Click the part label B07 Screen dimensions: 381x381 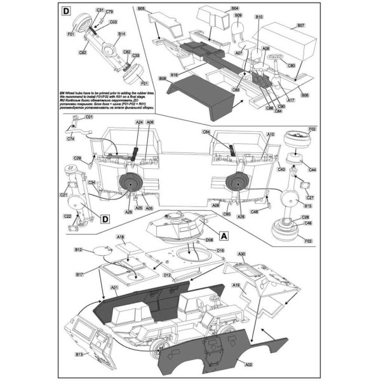(x=302, y=27)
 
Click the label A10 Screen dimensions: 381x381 (x=270, y=135)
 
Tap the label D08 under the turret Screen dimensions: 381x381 (x=209, y=241)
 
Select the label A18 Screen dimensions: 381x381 (x=119, y=237)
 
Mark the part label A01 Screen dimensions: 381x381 (x=115, y=288)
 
